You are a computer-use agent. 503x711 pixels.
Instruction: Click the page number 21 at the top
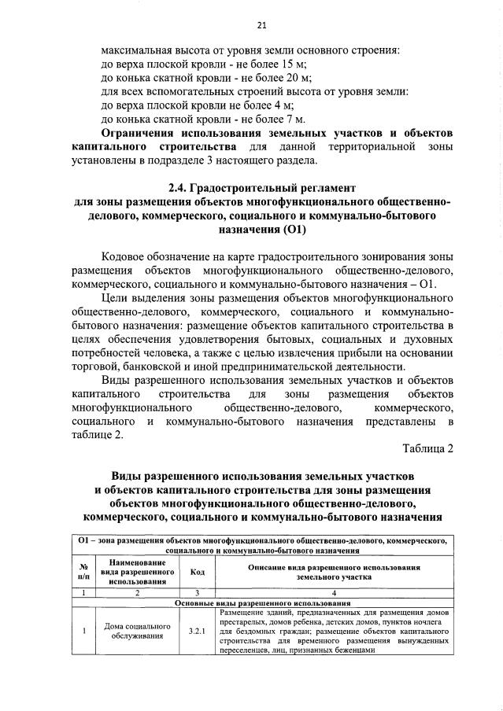coord(251,24)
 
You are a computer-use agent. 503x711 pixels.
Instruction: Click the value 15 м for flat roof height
coord(293,63)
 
